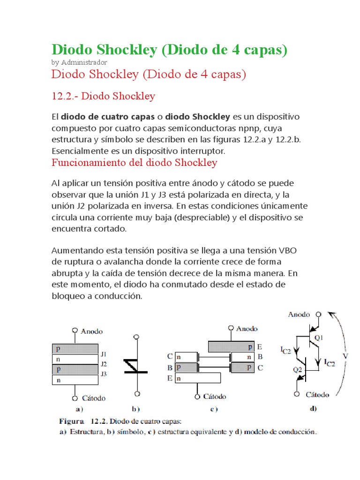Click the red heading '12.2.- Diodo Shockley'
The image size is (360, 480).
[103, 97]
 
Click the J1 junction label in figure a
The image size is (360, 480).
[104, 354]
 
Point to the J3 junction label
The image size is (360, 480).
[104, 374]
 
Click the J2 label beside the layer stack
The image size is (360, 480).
[104, 364]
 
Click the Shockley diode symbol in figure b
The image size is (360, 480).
[136, 365]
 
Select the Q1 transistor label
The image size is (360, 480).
[319, 337]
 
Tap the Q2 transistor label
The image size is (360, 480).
[297, 369]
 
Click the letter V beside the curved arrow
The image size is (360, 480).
[345, 356]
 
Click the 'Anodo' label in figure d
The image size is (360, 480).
[299, 315]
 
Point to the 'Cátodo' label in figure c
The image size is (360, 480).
[214, 397]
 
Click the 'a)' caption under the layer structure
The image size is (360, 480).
[73, 409]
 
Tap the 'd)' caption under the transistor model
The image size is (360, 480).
[313, 409]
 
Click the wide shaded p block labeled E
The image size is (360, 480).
[232, 347]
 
